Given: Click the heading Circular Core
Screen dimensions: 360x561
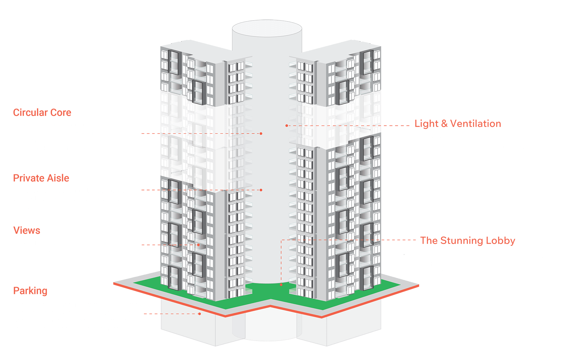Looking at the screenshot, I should (42, 112).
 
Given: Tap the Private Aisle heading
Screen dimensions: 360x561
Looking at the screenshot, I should (41, 178).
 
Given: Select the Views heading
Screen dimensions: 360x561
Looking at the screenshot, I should (27, 230).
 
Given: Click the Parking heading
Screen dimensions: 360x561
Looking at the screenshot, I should (30, 291).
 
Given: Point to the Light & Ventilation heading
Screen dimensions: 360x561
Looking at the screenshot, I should (458, 124).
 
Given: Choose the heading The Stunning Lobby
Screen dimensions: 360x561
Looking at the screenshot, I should (467, 240).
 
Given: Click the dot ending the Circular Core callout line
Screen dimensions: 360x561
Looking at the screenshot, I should (261, 133).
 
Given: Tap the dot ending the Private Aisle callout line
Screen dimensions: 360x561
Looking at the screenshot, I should (261, 190).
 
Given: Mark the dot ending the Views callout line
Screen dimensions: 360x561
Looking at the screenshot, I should (198, 245).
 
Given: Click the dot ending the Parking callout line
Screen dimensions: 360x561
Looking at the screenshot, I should (200, 314).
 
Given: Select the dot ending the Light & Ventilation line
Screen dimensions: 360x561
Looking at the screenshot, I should (286, 126).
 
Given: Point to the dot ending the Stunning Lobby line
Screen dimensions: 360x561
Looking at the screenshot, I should (281, 285).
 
